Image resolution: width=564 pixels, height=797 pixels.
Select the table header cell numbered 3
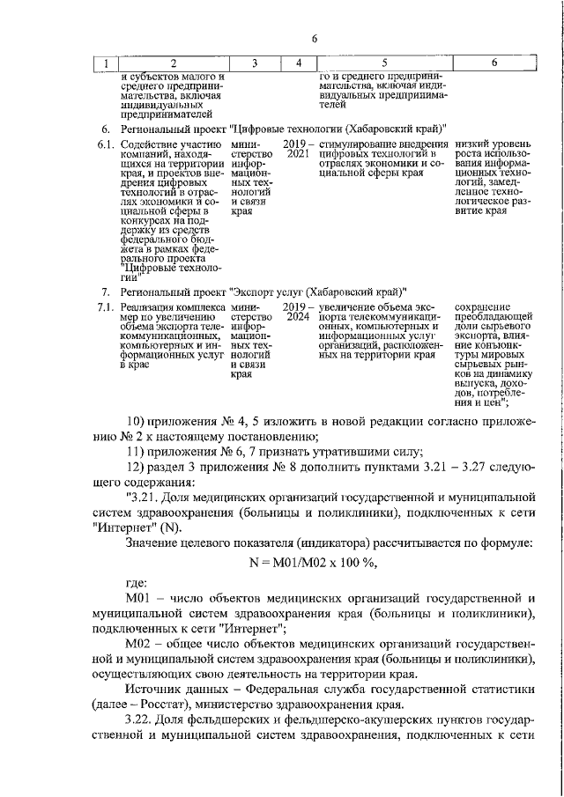pyautogui.click(x=255, y=63)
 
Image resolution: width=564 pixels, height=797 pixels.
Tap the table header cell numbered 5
pyautogui.click(x=384, y=63)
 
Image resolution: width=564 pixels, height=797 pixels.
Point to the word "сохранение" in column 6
pyautogui.click(x=483, y=307)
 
